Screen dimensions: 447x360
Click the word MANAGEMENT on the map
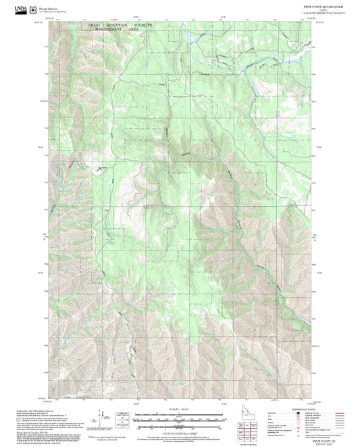pos(108,30)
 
